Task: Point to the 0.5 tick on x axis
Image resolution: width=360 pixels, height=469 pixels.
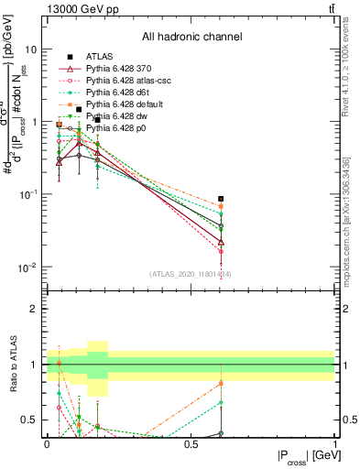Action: [191, 444]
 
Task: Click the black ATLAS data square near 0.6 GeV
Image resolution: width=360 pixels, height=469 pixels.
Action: [221, 198]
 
